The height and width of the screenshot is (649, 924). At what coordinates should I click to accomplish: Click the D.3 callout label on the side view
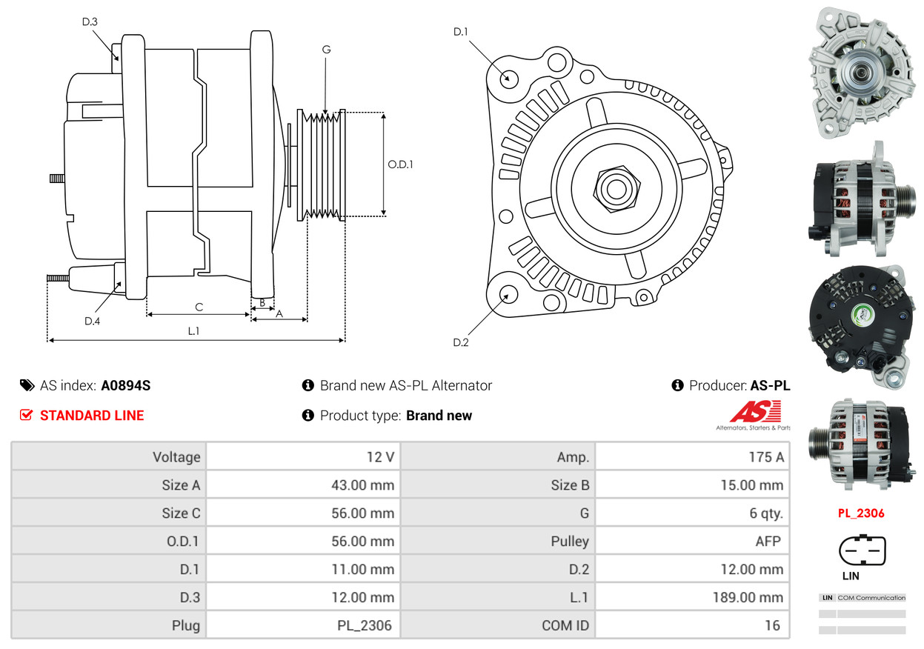click(90, 21)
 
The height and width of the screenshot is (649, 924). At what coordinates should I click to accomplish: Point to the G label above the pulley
click(326, 50)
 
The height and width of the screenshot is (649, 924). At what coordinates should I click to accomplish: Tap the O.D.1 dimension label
click(400, 164)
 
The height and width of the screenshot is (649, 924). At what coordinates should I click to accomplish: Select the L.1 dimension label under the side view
click(193, 330)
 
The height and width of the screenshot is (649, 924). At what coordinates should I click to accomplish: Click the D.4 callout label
click(92, 322)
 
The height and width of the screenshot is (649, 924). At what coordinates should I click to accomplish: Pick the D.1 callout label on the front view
click(460, 32)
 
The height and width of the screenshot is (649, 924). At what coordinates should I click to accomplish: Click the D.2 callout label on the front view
click(460, 342)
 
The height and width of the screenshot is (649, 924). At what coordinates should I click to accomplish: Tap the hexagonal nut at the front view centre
click(616, 189)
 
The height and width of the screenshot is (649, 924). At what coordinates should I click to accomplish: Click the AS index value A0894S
click(126, 385)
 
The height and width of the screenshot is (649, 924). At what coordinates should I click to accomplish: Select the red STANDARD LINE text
click(92, 415)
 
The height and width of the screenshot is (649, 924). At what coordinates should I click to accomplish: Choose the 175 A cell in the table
click(766, 457)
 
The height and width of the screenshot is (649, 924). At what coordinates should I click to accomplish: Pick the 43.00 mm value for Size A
click(362, 485)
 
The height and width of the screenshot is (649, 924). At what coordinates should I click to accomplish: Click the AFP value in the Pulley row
click(768, 541)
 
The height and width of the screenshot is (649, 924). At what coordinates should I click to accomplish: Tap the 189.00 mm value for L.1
click(748, 597)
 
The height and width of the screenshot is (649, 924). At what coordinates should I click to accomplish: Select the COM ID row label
click(565, 625)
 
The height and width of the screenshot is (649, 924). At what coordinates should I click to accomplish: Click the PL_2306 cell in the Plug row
click(365, 625)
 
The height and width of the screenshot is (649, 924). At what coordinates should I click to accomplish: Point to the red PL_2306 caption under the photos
click(861, 513)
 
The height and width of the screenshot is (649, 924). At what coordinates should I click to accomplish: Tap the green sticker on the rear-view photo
click(862, 315)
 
